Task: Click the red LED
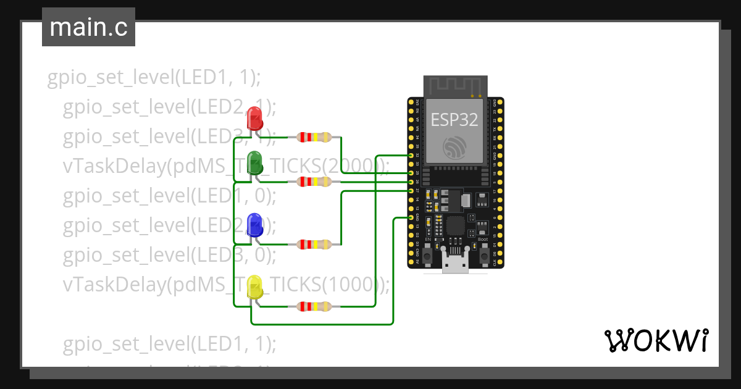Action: [x=254, y=118]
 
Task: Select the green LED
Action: [x=254, y=162]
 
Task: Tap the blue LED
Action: [x=254, y=225]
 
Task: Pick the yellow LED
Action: [x=254, y=288]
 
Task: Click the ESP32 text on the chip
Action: [x=454, y=120]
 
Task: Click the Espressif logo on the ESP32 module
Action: [x=455, y=147]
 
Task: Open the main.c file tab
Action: [x=88, y=28]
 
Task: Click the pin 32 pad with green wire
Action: [x=411, y=156]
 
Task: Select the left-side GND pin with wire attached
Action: [x=411, y=218]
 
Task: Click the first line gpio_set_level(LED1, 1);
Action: [x=154, y=78]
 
